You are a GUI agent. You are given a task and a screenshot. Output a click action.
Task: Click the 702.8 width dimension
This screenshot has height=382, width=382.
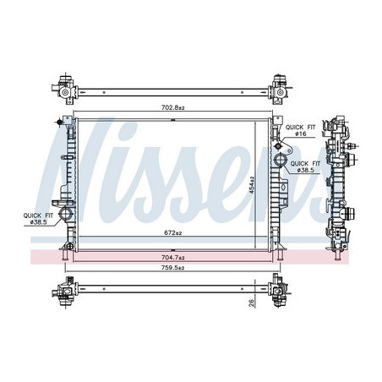tap(173, 107)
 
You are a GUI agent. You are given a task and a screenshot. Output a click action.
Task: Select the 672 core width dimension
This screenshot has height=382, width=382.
tap(173, 232)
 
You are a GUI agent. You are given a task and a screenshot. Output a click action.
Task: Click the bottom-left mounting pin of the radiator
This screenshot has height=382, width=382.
tap(65, 250)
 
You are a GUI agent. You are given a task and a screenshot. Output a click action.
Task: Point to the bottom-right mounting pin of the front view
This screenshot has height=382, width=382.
tap(278, 250)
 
